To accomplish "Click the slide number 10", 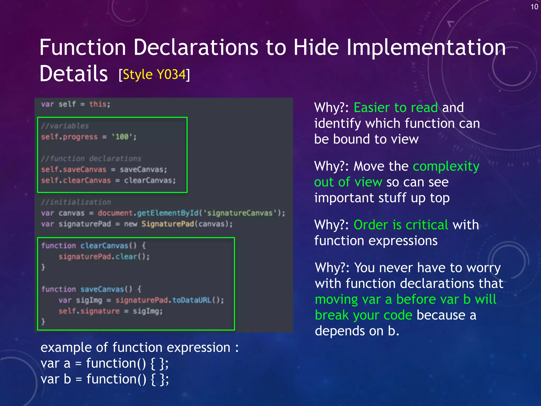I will click(534, 7).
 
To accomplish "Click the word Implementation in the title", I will click(426, 48).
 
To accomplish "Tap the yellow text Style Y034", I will click(154, 75).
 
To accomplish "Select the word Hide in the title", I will click(316, 48).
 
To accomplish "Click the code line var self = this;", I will click(76, 104).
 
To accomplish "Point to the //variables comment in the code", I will click(65, 126).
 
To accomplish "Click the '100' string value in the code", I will click(122, 137).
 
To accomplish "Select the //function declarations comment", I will click(91, 159).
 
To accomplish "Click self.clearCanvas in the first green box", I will click(76, 181).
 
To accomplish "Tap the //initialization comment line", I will click(76, 202).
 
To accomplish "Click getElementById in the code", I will click(168, 213).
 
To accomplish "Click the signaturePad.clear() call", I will click(104, 257).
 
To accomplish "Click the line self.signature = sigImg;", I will click(110, 311).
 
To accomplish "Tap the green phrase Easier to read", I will click(395, 108).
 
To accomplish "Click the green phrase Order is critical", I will click(401, 225).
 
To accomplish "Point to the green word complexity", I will click(446, 167).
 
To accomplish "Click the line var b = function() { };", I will click(105, 379).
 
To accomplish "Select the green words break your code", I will click(363, 315).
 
